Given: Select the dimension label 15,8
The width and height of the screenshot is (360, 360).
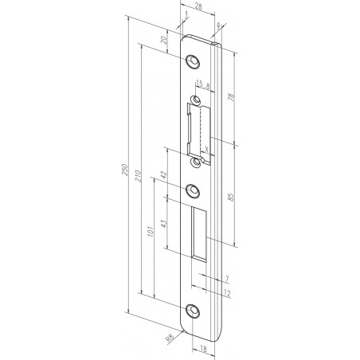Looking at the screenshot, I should tap(202, 86).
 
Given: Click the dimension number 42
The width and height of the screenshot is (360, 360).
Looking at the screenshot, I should tap(163, 174).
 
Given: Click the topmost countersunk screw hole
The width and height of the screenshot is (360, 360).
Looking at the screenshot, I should tap(194, 61).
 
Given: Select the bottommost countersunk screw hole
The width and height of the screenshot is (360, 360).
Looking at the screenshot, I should tap(194, 311).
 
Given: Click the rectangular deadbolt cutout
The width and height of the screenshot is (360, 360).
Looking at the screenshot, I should tap(202, 231).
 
